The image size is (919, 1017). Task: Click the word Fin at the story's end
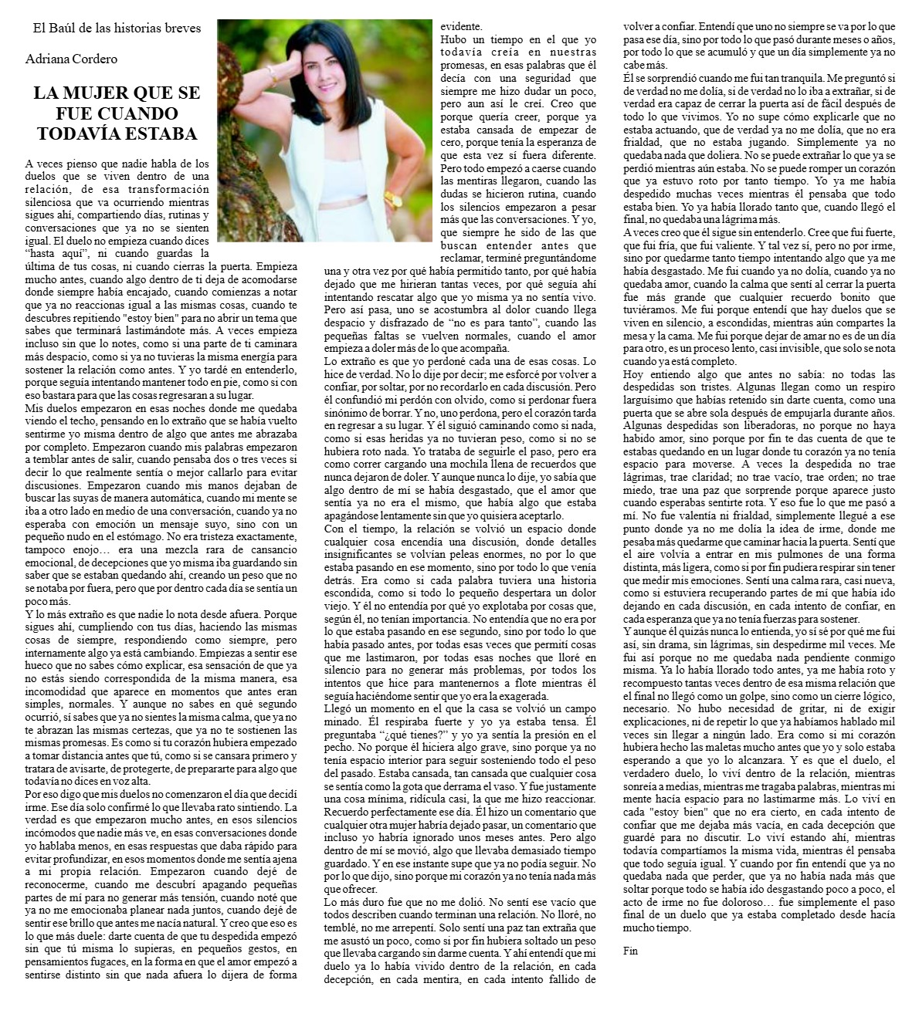(x=630, y=951)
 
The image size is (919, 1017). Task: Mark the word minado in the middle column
(x=344, y=720)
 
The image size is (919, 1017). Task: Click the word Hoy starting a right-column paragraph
(x=632, y=373)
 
